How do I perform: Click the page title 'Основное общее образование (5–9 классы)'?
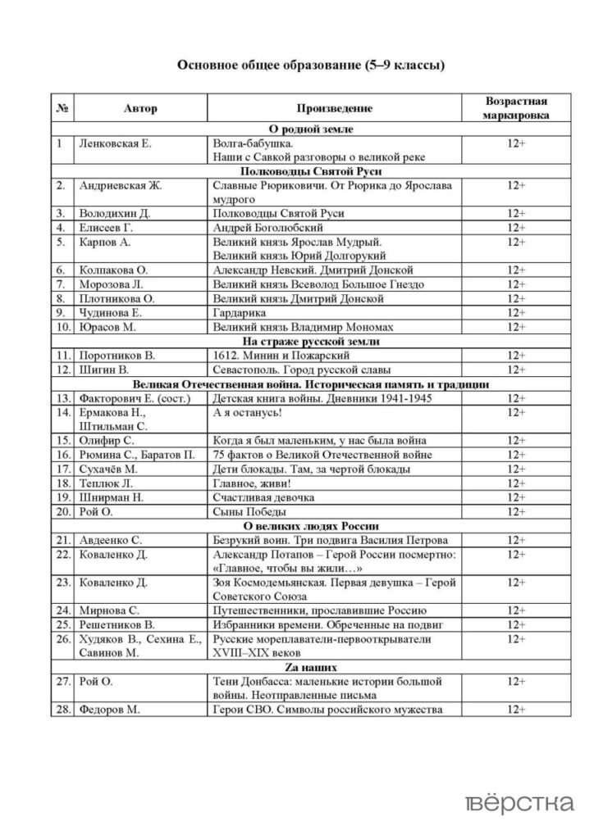[311, 66]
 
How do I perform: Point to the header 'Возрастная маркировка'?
[516, 108]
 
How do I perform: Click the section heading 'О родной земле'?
[311, 129]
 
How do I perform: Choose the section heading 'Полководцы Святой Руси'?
[311, 171]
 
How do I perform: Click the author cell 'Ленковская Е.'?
[115, 143]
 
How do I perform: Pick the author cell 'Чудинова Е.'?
[111, 312]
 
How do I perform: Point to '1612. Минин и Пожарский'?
[281, 356]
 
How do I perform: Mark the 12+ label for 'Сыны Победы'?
[516, 511]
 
